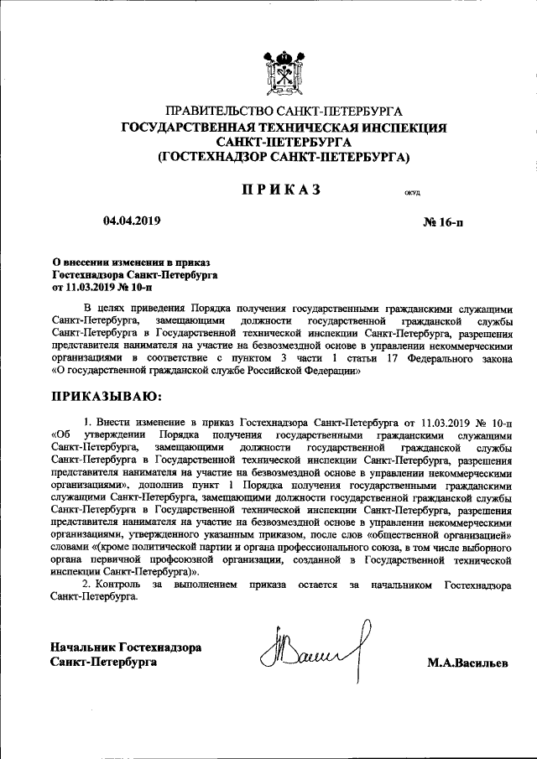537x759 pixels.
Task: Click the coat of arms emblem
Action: [284, 69]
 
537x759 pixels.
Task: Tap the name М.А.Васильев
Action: [468, 664]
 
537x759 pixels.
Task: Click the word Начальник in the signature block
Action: [82, 647]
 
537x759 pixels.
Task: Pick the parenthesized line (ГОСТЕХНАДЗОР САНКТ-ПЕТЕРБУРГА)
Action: [284, 156]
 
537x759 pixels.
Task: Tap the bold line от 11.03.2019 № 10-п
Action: [108, 286]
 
